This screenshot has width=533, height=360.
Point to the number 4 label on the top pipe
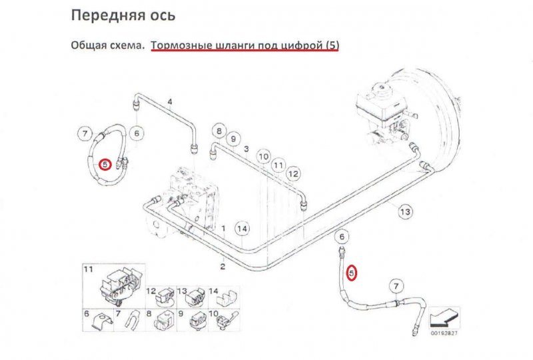[x=170, y=102]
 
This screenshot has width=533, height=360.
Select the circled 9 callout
[x=233, y=139]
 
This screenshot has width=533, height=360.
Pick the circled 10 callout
[x=264, y=157]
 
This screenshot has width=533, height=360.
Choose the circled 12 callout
[x=293, y=173]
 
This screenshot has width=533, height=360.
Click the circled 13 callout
[x=405, y=212]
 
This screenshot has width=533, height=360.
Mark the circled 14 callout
[x=243, y=229]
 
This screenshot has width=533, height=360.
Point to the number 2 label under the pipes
[x=223, y=266]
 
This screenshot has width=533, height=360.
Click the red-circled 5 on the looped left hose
[x=105, y=164]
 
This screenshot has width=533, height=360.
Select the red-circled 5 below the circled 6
[x=352, y=272]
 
